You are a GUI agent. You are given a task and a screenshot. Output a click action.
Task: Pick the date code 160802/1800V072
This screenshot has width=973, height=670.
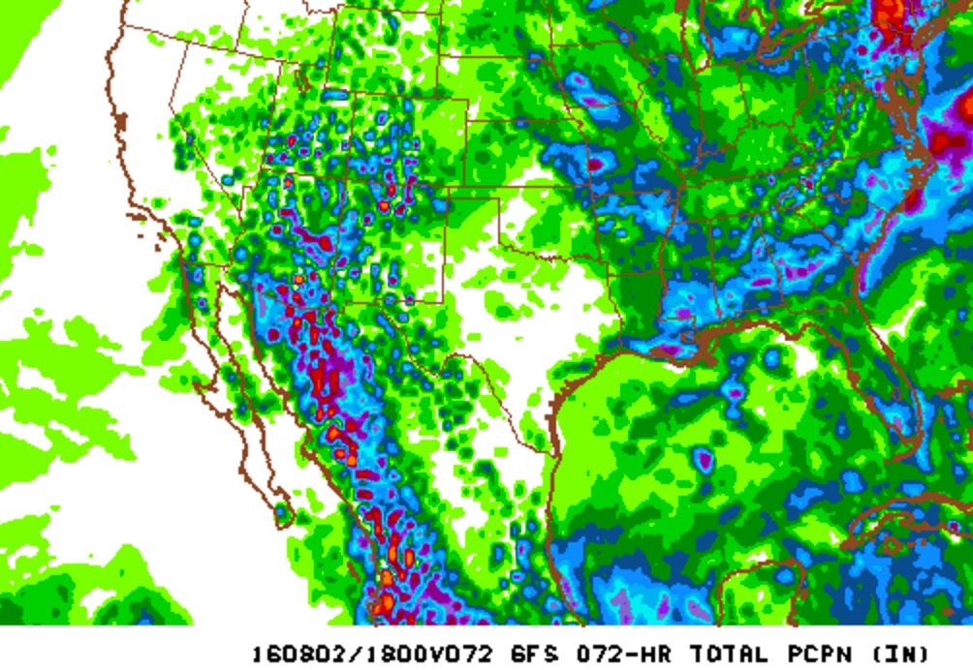372,653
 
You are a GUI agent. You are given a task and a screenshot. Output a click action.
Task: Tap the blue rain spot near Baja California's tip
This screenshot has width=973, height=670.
282,508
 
